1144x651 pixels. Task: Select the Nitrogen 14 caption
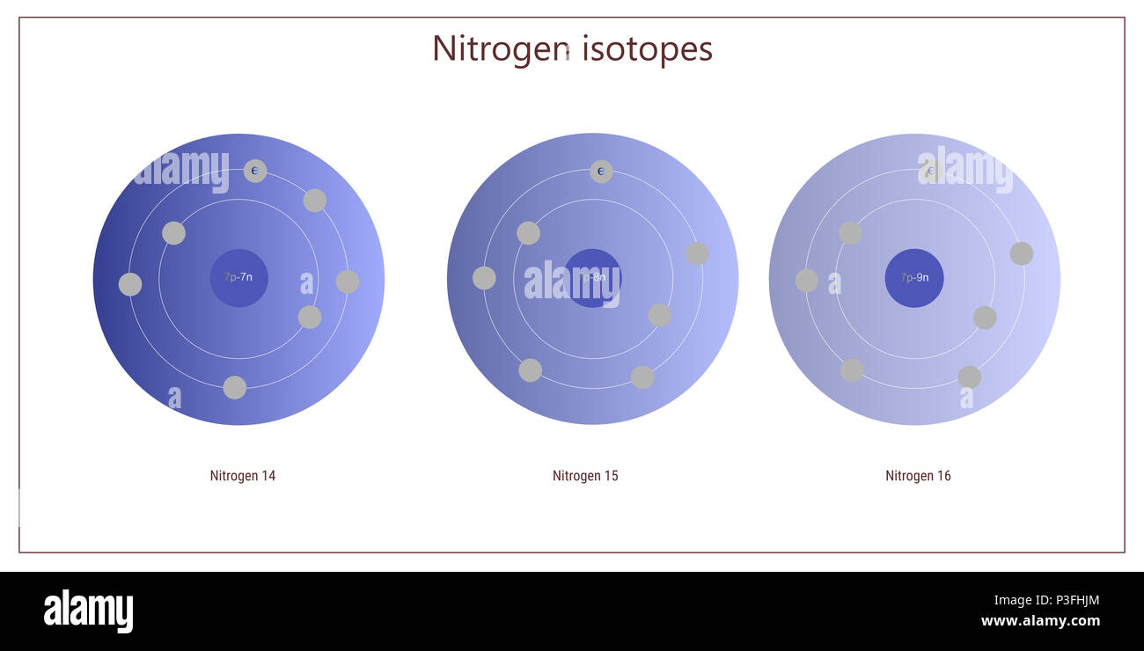[x=242, y=476]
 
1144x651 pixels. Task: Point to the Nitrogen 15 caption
[x=585, y=476]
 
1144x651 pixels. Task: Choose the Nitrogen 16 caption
[x=918, y=476]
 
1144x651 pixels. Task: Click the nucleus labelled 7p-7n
[x=238, y=278]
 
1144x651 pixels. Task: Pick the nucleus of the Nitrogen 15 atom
[x=592, y=278]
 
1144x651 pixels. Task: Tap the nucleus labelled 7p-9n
[x=914, y=278]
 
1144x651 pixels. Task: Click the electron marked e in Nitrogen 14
[x=255, y=171]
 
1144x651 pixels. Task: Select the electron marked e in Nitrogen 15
[x=601, y=172]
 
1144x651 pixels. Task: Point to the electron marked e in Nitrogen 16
[x=930, y=172]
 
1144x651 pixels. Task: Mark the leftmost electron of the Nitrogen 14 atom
[x=130, y=284]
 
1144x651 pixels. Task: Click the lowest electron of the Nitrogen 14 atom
[x=235, y=388]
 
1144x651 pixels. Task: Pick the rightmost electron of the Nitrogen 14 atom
[x=348, y=282]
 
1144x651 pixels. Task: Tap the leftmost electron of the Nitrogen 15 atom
[x=484, y=278]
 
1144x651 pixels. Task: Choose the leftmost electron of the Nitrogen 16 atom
[x=806, y=281]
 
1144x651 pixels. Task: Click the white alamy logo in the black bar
[x=88, y=611]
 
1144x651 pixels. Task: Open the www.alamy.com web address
[x=1040, y=621]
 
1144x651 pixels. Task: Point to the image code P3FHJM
[x=1070, y=601]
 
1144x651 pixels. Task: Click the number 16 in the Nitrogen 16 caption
[x=943, y=476]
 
